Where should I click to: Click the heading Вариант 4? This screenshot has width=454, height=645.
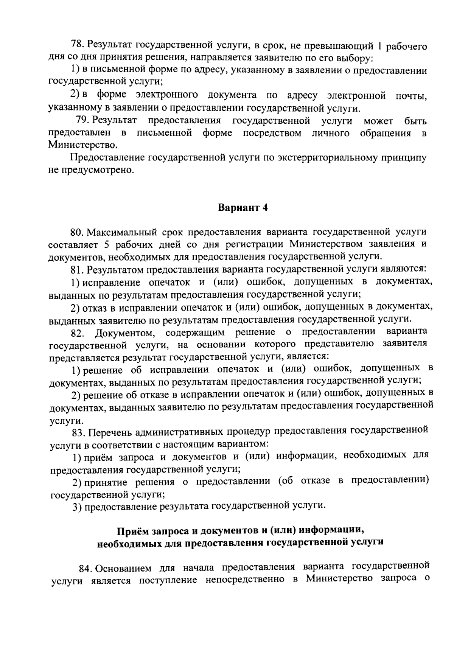[243, 208]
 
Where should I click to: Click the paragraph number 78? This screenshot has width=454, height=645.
[77, 45]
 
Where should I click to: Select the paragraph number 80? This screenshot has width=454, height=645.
[76, 232]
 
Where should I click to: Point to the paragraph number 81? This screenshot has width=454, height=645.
[77, 269]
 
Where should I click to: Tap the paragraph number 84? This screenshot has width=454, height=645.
[85, 569]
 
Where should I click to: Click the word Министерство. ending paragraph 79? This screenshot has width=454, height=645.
[82, 145]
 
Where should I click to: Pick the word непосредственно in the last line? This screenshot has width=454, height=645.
[245, 580]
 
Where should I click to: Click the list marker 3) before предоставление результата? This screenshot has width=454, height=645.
[77, 507]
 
